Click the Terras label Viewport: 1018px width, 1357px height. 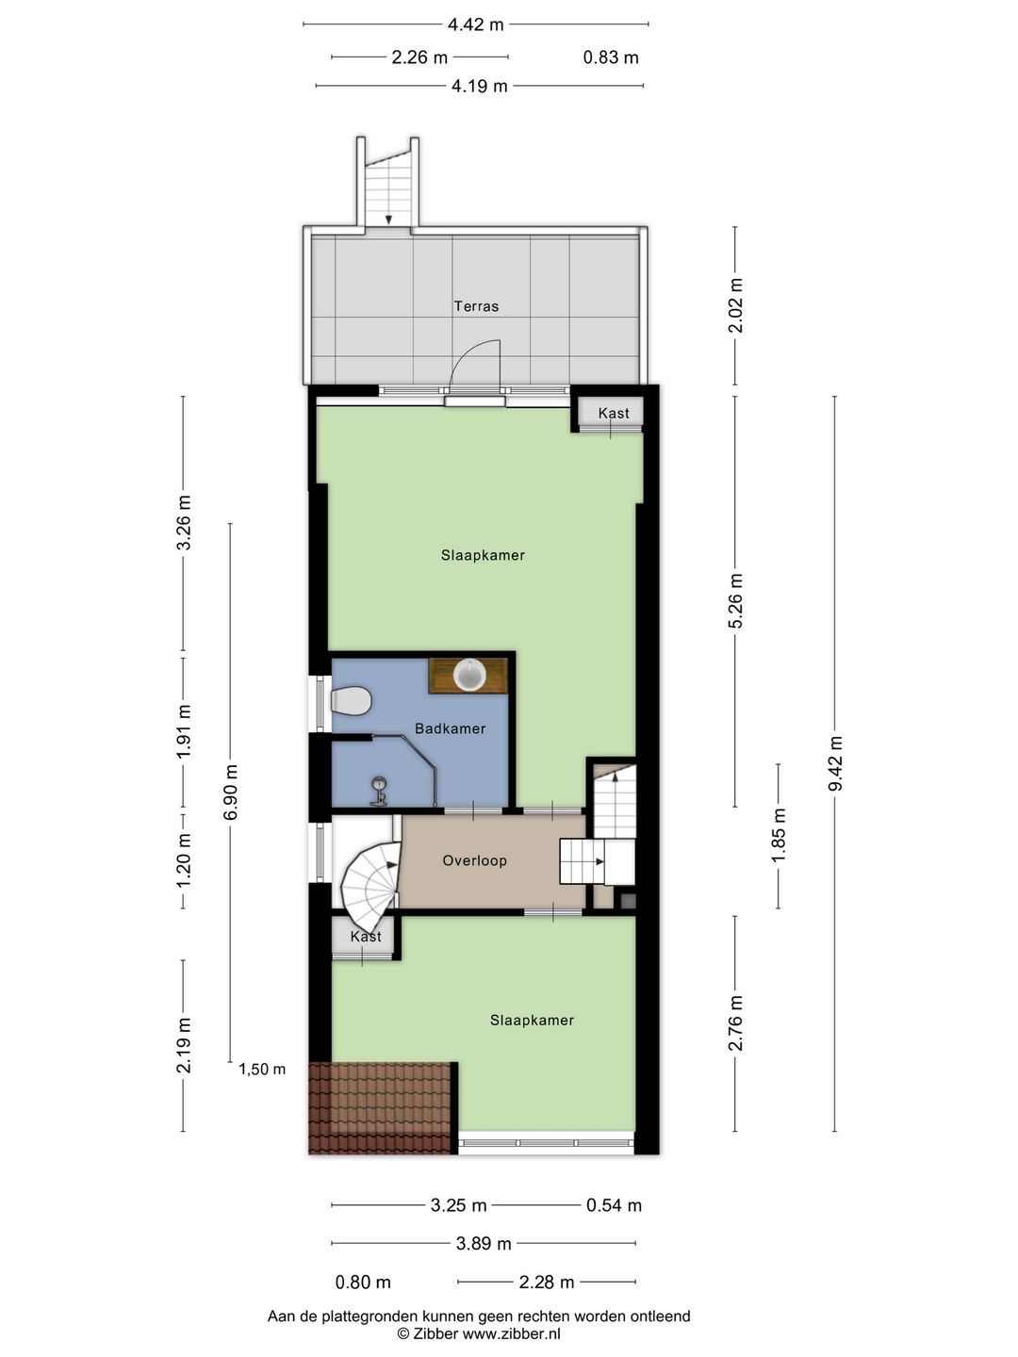coord(476,306)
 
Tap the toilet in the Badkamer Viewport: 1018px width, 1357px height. coord(351,701)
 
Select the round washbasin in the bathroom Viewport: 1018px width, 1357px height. coord(468,674)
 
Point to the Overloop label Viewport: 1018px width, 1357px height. coord(475,860)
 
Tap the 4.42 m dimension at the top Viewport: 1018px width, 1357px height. coord(475,25)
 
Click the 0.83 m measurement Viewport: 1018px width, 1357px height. coord(611,58)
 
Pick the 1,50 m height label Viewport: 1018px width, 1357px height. coord(262,1069)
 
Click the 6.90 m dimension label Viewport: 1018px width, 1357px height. coord(231,793)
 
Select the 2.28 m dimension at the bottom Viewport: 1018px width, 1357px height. coord(547,1283)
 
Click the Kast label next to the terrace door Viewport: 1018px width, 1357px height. coord(613,413)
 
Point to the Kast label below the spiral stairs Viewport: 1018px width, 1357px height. coord(366,936)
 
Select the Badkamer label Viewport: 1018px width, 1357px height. coord(450,728)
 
